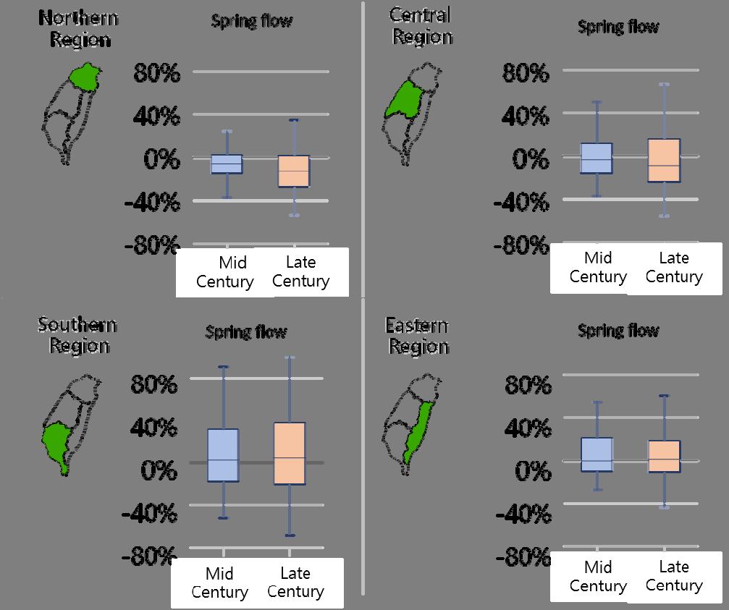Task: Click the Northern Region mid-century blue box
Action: pos(227,164)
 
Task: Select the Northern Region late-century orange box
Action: pos(294,171)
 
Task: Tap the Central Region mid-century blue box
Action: pos(597,158)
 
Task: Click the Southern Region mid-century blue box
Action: pos(223,455)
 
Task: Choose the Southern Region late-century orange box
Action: pos(290,453)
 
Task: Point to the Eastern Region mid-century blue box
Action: pos(597,454)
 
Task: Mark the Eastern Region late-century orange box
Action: pos(664,457)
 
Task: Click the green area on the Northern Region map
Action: pos(86,76)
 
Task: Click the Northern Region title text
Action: pos(80,28)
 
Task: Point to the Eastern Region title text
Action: pos(418,336)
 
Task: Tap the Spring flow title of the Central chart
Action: pos(618,27)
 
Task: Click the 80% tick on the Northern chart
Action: pos(156,72)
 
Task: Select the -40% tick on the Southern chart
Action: pos(151,514)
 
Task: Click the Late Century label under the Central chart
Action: pos(674,267)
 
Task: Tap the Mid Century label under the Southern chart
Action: pos(219,583)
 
